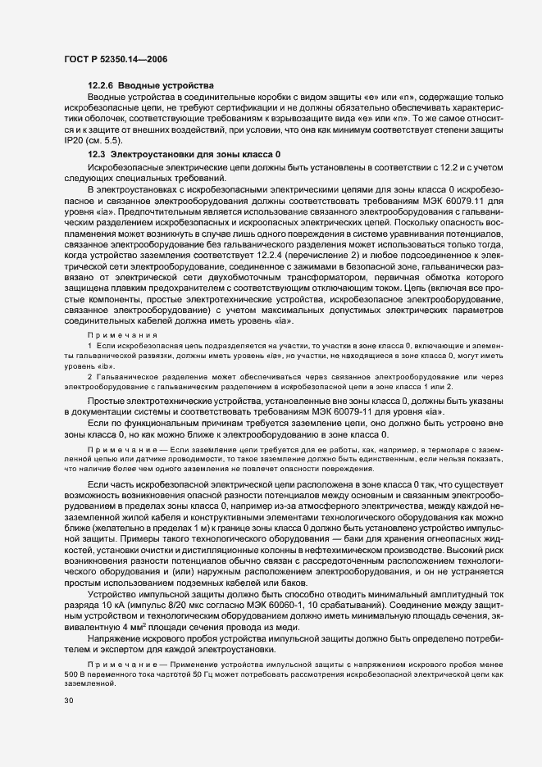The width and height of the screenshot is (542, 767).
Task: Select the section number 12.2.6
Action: click(102, 86)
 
